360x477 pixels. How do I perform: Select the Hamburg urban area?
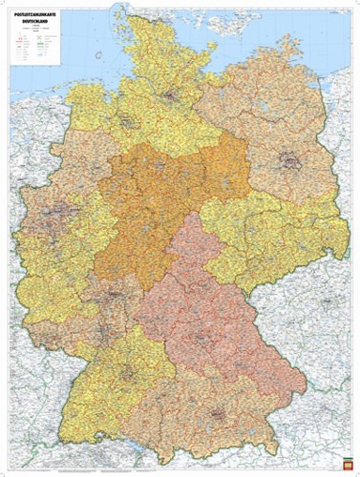pos(171,96)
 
